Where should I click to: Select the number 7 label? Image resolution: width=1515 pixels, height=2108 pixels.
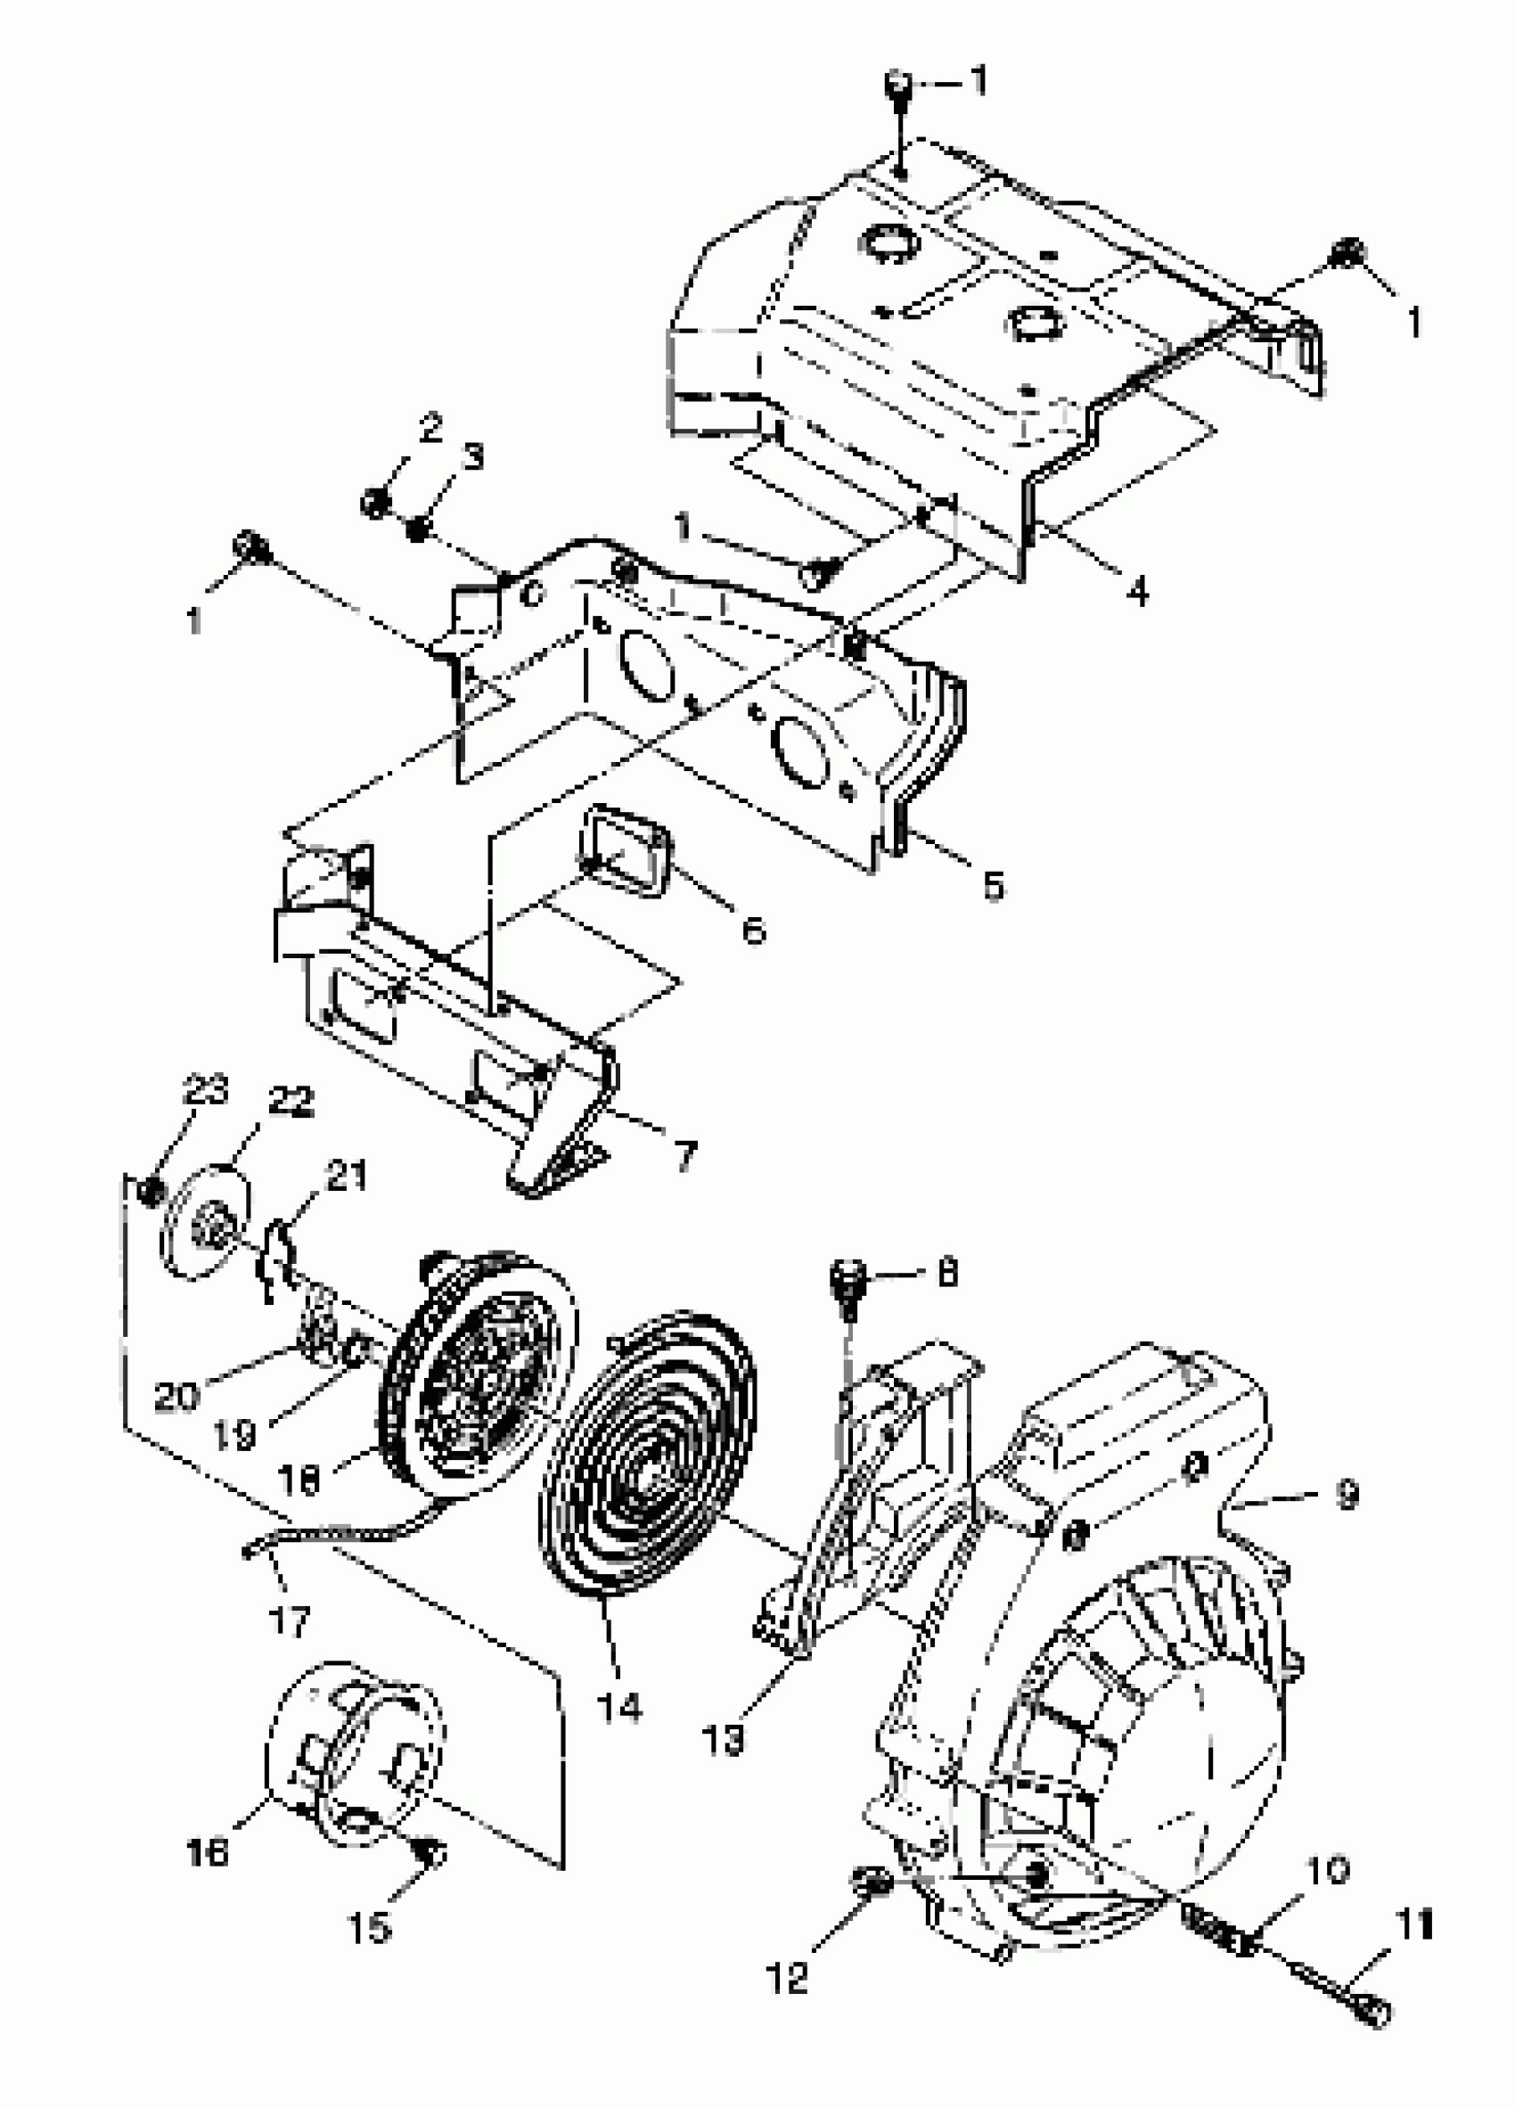(685, 1156)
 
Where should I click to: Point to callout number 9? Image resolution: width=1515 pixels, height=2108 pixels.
(1347, 1495)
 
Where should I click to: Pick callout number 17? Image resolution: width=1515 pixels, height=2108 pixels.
(288, 1622)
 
